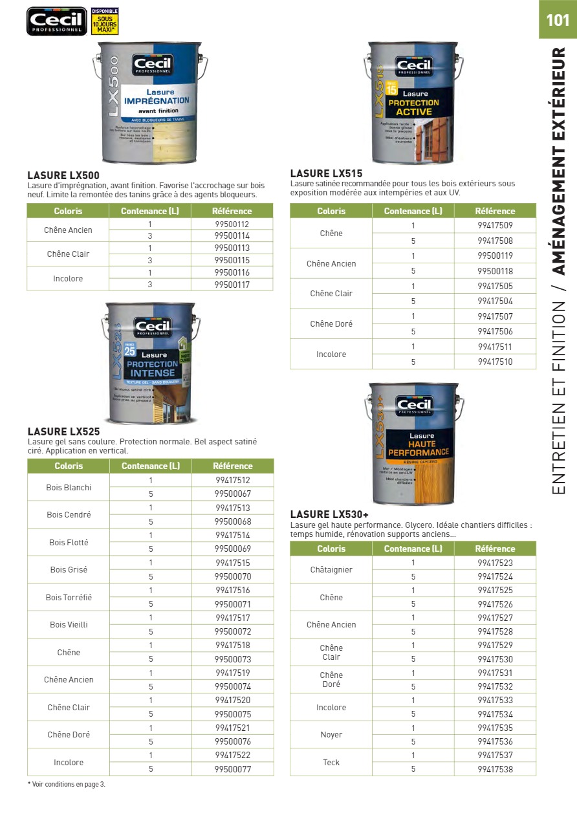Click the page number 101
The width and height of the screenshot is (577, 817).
[558, 20]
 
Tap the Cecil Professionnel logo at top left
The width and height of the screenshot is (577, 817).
[56, 21]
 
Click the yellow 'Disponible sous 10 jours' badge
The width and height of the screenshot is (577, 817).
[105, 21]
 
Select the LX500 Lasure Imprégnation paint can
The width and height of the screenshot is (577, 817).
[154, 102]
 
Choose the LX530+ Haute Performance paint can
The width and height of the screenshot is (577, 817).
[414, 444]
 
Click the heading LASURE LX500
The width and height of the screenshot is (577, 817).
[63, 175]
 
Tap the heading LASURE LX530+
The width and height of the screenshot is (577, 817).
[329, 514]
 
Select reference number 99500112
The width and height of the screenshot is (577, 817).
[232, 224]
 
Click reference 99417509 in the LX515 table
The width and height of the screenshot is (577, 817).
[495, 226]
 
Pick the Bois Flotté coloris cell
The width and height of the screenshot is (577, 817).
[69, 543]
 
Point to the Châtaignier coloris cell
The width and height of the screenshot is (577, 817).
[331, 570]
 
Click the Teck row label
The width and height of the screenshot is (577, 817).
[331, 763]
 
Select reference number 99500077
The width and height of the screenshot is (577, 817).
[233, 769]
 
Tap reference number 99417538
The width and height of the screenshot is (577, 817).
[495, 769]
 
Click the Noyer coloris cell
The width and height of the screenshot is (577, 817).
[331, 735]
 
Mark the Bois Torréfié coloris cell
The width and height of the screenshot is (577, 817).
[69, 598]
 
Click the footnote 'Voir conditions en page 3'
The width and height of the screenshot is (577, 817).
[67, 784]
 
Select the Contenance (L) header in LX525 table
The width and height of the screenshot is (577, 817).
[151, 466]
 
